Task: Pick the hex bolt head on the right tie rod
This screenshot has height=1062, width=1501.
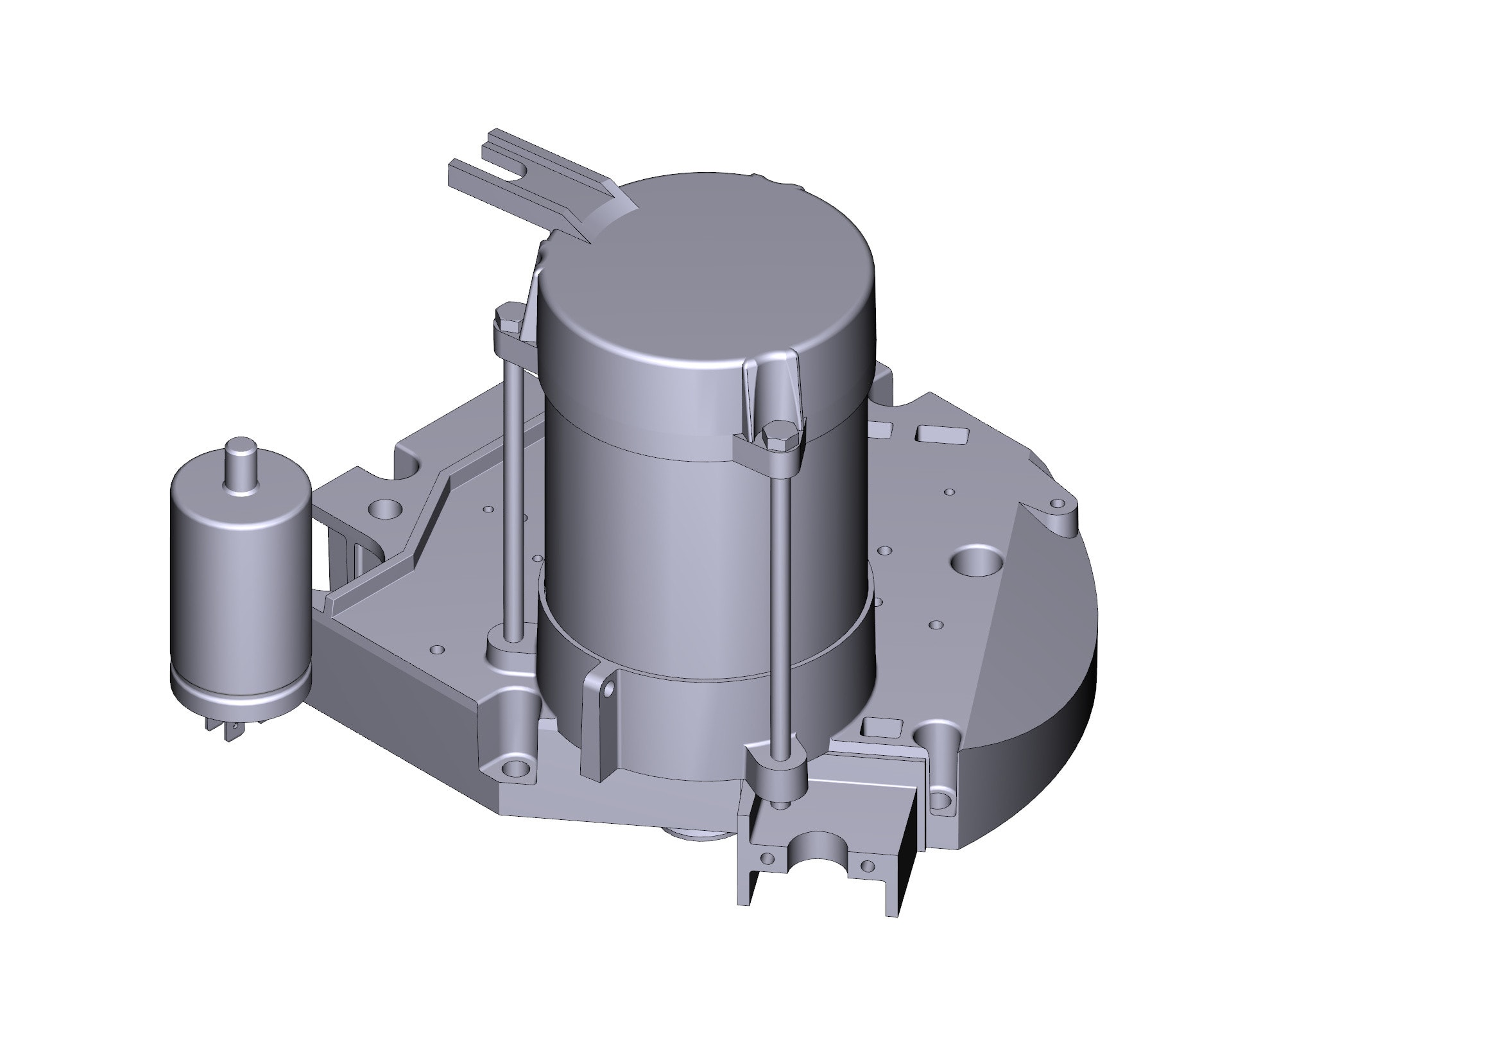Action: click(778, 435)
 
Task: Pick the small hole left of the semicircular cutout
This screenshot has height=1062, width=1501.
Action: click(768, 858)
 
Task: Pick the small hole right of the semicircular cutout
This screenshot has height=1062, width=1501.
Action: click(868, 866)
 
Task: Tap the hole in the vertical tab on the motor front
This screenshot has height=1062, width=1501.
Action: click(608, 689)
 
